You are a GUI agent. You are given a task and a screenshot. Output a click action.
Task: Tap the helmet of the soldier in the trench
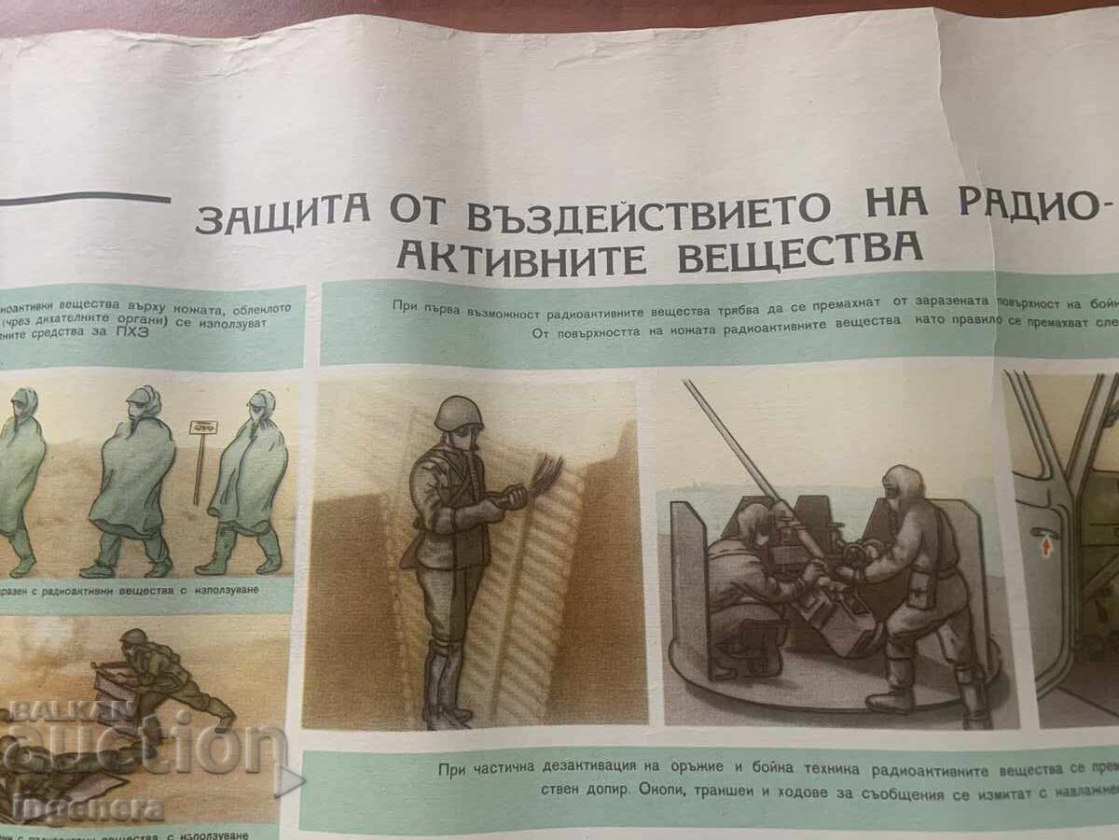coord(458,413)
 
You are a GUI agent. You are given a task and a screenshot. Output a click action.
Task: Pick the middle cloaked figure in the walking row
coord(132,481)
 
